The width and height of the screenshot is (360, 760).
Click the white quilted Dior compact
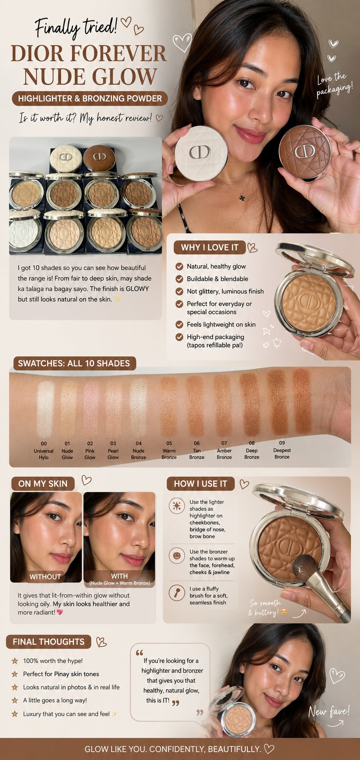[x=201, y=153]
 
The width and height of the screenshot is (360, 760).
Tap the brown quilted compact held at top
[x=305, y=152]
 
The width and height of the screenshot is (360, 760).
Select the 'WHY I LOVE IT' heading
[x=209, y=247]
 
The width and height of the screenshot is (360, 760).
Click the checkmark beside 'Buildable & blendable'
[x=179, y=279]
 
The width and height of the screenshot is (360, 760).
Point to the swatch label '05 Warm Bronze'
[x=169, y=450]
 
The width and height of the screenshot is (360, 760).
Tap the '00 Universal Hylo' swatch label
[x=44, y=450]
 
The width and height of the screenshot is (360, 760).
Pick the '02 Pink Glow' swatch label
[x=90, y=450]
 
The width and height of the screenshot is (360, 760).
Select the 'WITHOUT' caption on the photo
[x=45, y=577]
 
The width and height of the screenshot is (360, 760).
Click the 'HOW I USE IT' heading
[x=200, y=484]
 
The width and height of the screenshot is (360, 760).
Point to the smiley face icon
[x=177, y=556]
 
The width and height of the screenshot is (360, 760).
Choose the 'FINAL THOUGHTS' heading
[x=48, y=642]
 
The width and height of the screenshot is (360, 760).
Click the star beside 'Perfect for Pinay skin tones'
[x=15, y=674]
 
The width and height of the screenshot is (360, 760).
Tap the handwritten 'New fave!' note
[x=329, y=711]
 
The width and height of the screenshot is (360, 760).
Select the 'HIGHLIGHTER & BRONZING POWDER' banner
[x=90, y=98]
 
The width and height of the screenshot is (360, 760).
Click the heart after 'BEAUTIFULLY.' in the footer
[x=269, y=749]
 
